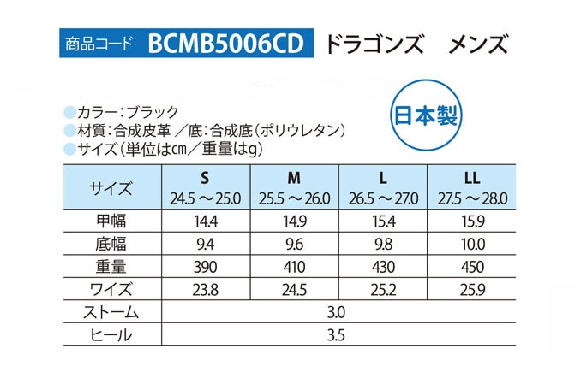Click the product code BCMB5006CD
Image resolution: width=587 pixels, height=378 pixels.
[x=225, y=42]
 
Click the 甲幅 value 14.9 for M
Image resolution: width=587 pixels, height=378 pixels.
[x=294, y=221]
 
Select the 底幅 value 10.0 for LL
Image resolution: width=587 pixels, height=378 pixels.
[x=471, y=244]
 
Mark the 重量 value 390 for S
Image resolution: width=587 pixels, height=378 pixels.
[x=205, y=266]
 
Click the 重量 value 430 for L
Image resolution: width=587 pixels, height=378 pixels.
[x=383, y=266]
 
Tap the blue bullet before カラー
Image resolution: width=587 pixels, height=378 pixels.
[x=69, y=111]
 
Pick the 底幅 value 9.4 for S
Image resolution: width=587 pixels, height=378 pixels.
[x=205, y=244]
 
